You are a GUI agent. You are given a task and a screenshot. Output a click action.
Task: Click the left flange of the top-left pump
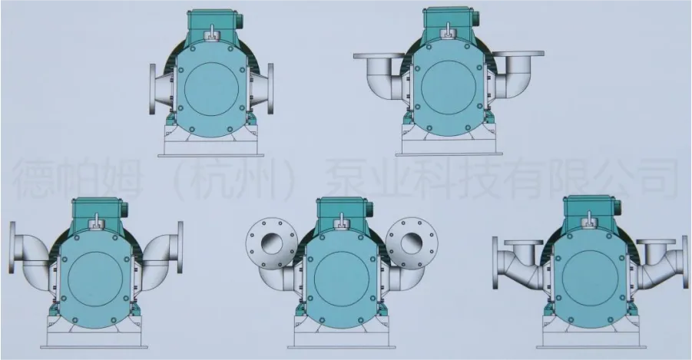(x=153, y=90)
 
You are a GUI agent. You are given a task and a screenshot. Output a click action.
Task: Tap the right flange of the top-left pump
(x=270, y=89)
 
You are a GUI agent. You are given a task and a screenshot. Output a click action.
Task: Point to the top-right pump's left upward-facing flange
(x=379, y=55)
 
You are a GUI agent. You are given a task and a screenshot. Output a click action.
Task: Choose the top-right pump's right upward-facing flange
(x=518, y=54)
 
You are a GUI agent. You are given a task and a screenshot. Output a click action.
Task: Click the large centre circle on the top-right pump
(x=449, y=88)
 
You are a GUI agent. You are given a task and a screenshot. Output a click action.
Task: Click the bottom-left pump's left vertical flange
(x=12, y=247)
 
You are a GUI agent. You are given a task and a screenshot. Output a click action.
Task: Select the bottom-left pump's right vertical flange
(x=180, y=246)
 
